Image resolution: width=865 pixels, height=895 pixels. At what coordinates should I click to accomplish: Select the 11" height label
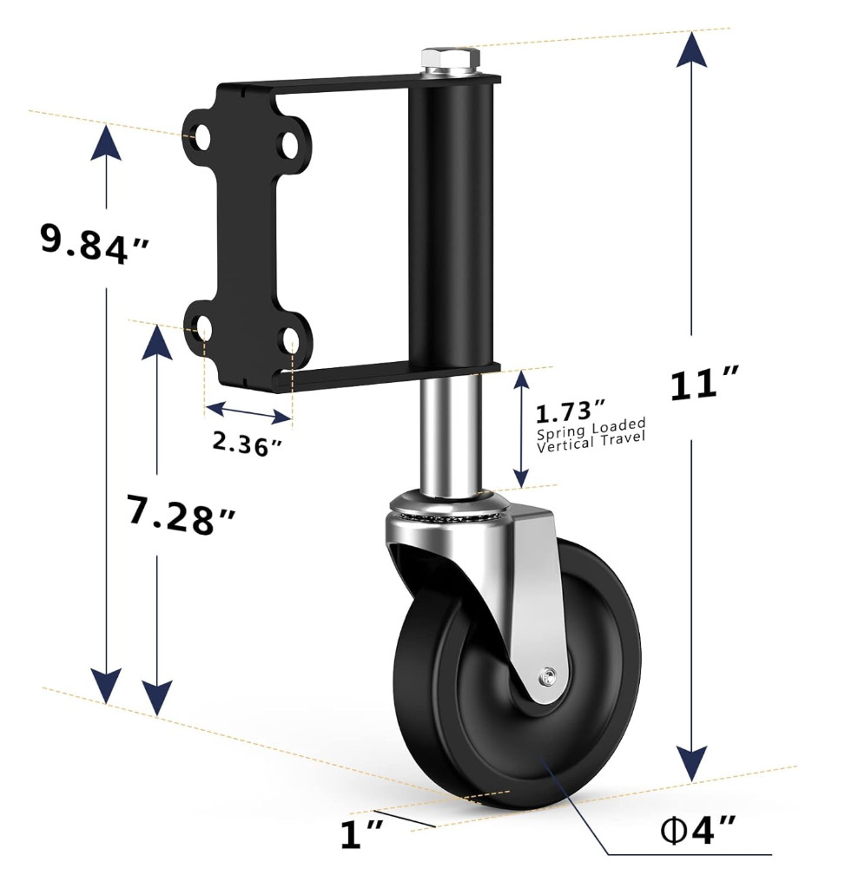704,384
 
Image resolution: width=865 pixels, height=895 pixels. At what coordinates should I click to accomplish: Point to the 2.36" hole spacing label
248,443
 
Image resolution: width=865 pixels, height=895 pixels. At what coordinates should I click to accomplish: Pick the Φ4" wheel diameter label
697,829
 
